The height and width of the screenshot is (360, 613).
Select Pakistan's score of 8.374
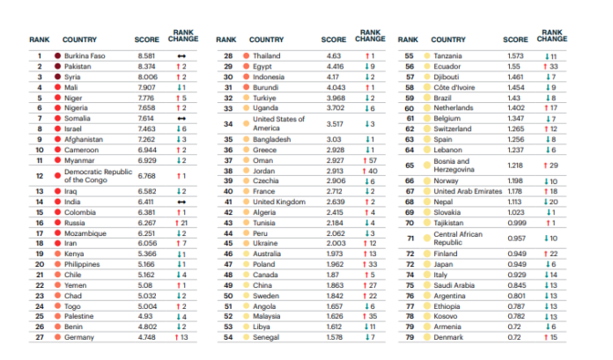point(146,66)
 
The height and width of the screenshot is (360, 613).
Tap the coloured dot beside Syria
point(57,77)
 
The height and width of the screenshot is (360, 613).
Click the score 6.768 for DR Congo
point(146,174)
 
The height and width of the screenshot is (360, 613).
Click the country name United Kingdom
point(279,201)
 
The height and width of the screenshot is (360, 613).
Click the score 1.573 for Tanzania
point(515,55)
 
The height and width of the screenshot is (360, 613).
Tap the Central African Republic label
point(458,238)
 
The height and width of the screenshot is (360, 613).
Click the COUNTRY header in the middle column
point(266,40)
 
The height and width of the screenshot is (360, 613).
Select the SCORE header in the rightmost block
point(515,40)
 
